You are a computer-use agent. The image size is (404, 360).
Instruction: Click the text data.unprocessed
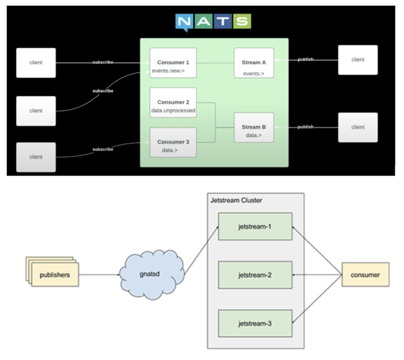click(173, 110)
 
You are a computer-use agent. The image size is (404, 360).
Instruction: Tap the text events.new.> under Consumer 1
click(168, 71)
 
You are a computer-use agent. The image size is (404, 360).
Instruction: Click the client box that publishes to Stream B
click(358, 127)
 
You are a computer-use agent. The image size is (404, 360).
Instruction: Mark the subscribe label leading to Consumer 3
click(103, 149)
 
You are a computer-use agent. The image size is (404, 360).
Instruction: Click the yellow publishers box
click(55, 275)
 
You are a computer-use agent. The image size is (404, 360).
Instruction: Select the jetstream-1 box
click(255, 227)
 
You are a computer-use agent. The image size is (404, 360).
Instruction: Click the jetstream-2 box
click(255, 275)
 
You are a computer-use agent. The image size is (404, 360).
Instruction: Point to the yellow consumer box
click(365, 275)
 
